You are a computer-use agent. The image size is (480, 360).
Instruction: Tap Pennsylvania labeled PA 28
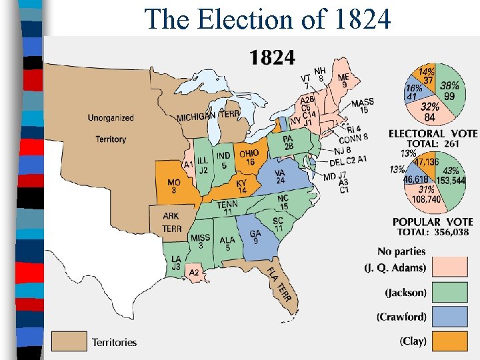pyautogui.click(x=288, y=142)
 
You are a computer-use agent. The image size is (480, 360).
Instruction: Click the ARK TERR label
pyautogui.click(x=171, y=221)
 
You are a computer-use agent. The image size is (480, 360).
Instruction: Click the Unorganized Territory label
pyautogui.click(x=110, y=128)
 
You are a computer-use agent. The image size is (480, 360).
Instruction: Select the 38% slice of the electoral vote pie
pyautogui.click(x=449, y=91)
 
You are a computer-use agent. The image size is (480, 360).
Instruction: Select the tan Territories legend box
pyautogui.click(x=69, y=342)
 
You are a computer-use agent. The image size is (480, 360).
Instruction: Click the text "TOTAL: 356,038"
pyautogui.click(x=433, y=232)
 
